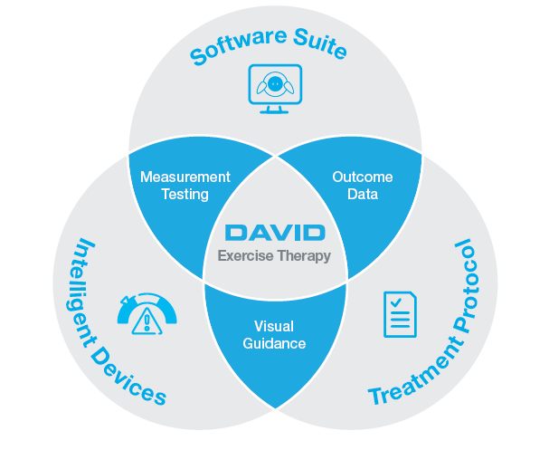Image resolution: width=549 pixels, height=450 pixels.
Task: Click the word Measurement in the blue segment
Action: pos(185,177)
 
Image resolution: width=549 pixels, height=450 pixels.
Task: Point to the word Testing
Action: pos(185,194)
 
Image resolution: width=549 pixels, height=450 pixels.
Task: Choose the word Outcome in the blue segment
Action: pos(362,177)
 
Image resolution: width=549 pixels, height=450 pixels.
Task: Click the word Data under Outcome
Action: pos(362,194)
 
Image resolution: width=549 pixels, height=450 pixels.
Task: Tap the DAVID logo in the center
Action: pos(274,232)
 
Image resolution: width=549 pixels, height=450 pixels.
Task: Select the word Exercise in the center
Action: pos(247,255)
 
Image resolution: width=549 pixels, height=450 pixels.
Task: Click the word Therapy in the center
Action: pos(305,255)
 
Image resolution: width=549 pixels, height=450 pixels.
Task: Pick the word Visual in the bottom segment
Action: pos(274,327)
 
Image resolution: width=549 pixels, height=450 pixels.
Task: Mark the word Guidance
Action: pos(274,344)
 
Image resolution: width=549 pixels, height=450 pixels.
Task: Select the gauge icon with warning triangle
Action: pos(147,309)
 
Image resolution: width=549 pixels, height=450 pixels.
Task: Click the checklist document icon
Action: pos(399,313)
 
